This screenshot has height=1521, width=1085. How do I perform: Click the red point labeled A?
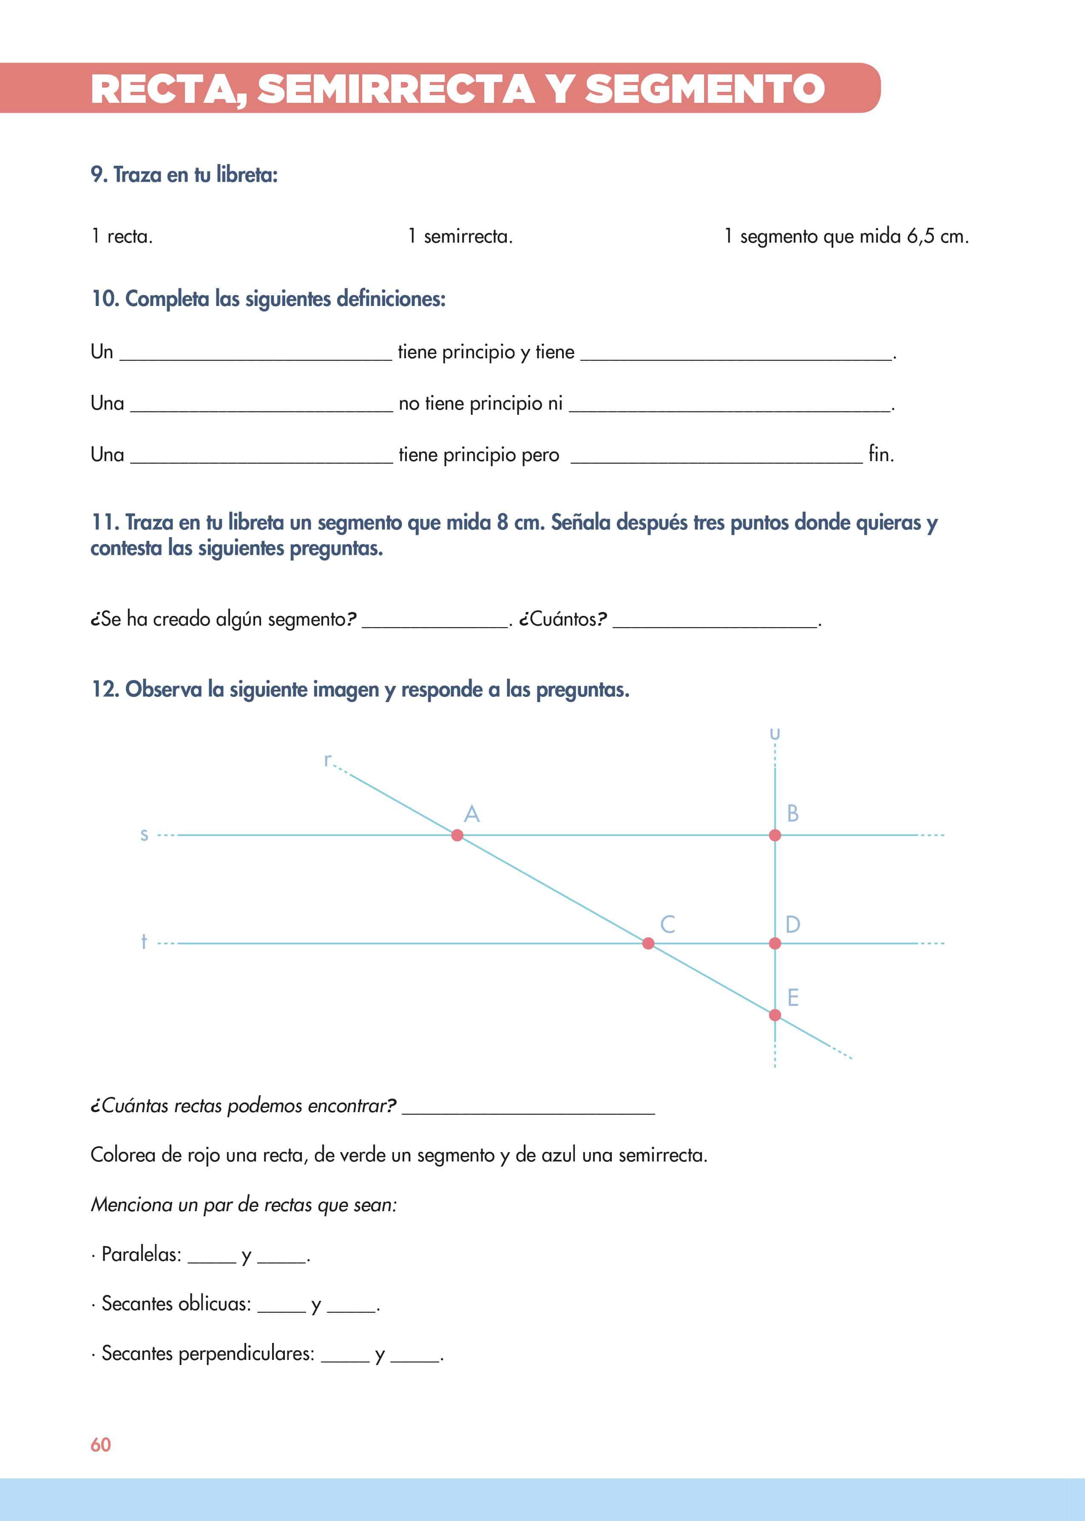pos(457,835)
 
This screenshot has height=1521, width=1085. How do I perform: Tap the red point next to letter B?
pos(775,835)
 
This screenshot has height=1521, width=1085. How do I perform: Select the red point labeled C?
pos(648,943)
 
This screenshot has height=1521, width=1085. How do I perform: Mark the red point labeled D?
pos(775,943)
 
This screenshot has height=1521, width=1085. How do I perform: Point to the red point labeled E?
pos(775,1015)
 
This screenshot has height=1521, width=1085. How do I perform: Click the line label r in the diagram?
pos(327,760)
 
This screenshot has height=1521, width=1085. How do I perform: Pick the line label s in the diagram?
pos(144,835)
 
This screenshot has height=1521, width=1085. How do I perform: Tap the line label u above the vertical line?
pos(775,734)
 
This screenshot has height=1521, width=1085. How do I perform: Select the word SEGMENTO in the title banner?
pos(705,89)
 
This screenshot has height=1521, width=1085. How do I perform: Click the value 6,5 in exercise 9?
pos(920,236)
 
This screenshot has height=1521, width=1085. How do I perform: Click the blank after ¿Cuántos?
pos(715,621)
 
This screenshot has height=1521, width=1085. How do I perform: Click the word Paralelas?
pos(141,1255)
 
